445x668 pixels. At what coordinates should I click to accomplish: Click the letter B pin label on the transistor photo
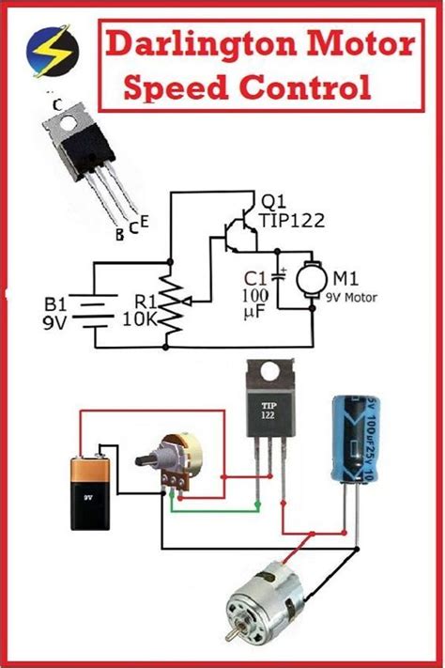pyautogui.click(x=119, y=235)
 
